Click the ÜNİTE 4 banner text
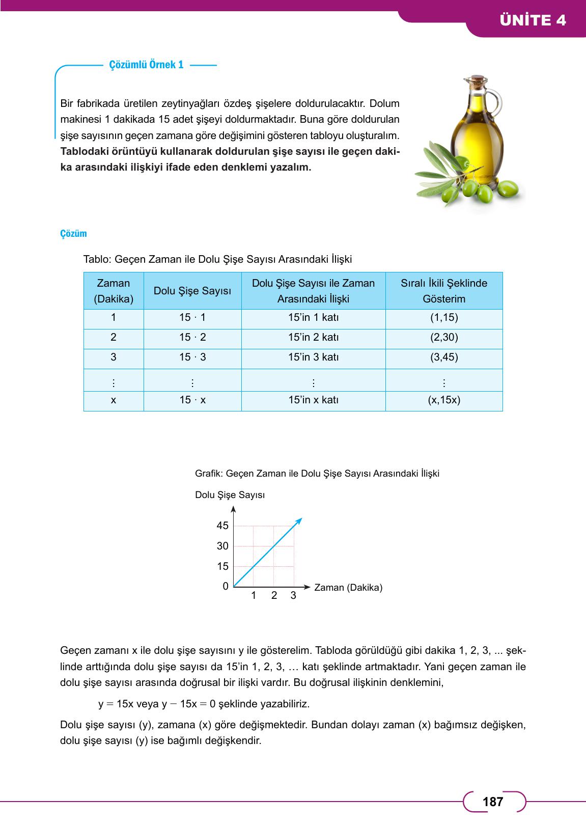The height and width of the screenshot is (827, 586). click(533, 20)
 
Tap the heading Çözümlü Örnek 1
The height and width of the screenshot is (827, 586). click(147, 65)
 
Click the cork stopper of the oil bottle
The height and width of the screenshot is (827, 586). click(475, 81)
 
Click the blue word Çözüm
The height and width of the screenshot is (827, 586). click(74, 234)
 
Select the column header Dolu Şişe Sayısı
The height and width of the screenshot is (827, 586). click(192, 291)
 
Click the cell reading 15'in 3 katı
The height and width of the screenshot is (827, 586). click(313, 357)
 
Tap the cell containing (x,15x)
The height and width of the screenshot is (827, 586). click(444, 400)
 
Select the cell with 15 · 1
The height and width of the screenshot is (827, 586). click(192, 317)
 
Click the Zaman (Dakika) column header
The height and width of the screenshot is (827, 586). click(114, 291)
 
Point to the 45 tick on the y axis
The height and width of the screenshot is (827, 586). click(222, 526)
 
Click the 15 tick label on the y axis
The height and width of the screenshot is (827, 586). click(222, 566)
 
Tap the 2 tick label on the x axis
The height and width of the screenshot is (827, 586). click(274, 595)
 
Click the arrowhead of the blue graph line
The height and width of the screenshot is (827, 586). click(299, 521)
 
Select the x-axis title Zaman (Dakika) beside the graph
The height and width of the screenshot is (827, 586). click(348, 587)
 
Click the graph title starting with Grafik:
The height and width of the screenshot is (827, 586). click(317, 473)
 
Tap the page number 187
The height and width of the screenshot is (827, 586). click(493, 802)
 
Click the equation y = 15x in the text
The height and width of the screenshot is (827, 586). click(116, 704)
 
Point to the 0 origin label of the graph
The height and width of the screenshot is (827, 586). click(226, 586)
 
